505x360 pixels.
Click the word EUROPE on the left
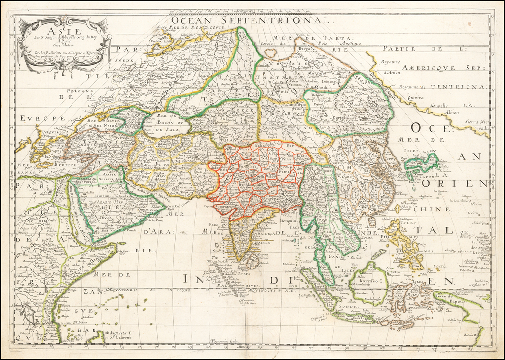point(43,119)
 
